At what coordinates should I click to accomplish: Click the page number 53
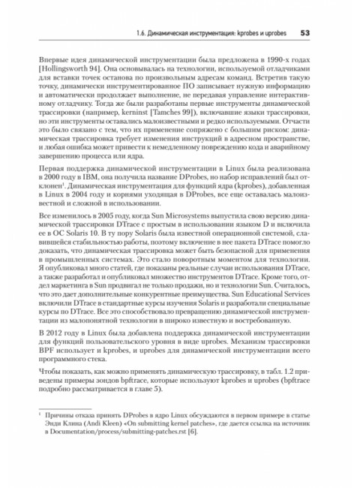[306, 33]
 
